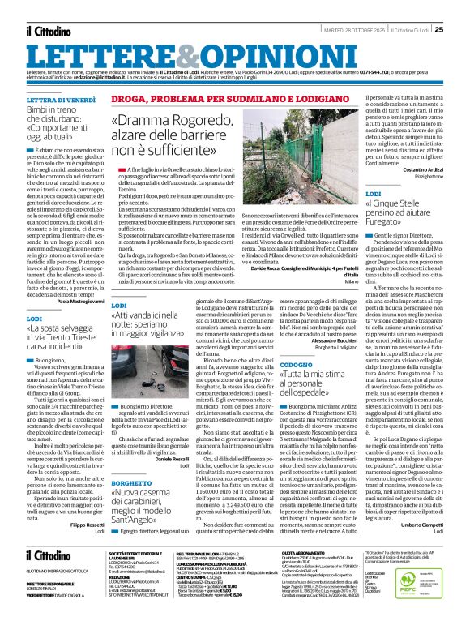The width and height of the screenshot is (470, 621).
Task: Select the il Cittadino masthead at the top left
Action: click(48, 31)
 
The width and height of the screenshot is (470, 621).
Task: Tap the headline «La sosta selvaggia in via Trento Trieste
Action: click(62, 332)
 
